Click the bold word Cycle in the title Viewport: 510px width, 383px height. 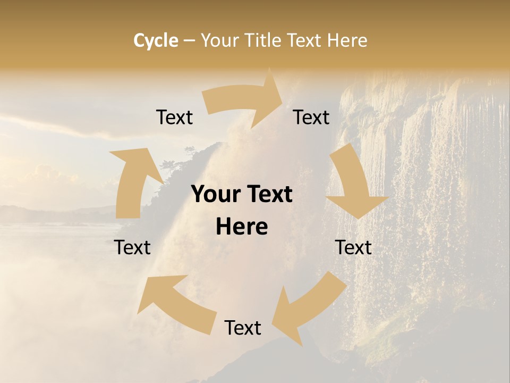pos(156,40)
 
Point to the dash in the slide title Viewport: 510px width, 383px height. pos(189,41)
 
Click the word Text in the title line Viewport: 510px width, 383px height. pos(305,40)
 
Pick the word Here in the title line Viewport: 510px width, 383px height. pos(348,40)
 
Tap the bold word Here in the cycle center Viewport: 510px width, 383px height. pos(242,227)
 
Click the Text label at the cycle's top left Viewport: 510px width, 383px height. pos(174,117)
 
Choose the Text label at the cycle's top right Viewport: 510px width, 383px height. pos(311,117)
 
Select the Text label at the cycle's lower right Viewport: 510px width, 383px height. pos(353,247)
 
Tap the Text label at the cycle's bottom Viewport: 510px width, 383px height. pos(243,328)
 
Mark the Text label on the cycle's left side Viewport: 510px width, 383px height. pos(132,247)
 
